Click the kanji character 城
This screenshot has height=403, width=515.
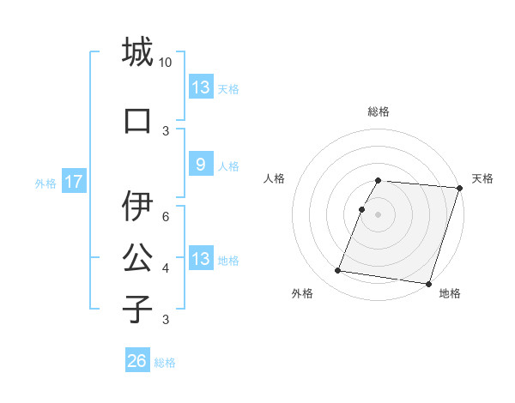pyautogui.click(x=137, y=52)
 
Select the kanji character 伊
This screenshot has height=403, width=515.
pyautogui.click(x=137, y=206)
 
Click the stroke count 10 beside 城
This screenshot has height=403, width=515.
pyautogui.click(x=166, y=63)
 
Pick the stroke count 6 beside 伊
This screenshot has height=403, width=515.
pyautogui.click(x=166, y=217)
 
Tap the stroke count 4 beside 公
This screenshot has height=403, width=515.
pyautogui.click(x=166, y=268)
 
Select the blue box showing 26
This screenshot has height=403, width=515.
pyautogui.click(x=136, y=361)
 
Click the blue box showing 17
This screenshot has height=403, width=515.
pyautogui.click(x=73, y=182)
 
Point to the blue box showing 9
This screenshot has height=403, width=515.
pyautogui.click(x=200, y=165)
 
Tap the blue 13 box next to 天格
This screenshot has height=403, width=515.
pyautogui.click(x=200, y=87)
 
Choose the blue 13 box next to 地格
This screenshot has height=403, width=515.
pyautogui.click(x=200, y=259)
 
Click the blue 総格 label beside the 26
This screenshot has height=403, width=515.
pyautogui.click(x=165, y=363)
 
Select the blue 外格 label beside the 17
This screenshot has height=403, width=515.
pyautogui.click(x=45, y=183)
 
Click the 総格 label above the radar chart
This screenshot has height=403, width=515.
pyautogui.click(x=379, y=111)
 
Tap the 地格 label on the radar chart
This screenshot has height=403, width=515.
pyautogui.click(x=450, y=293)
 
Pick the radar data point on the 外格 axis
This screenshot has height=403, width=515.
pyautogui.click(x=337, y=271)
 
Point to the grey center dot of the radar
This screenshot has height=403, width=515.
pyautogui.click(x=378, y=214)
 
